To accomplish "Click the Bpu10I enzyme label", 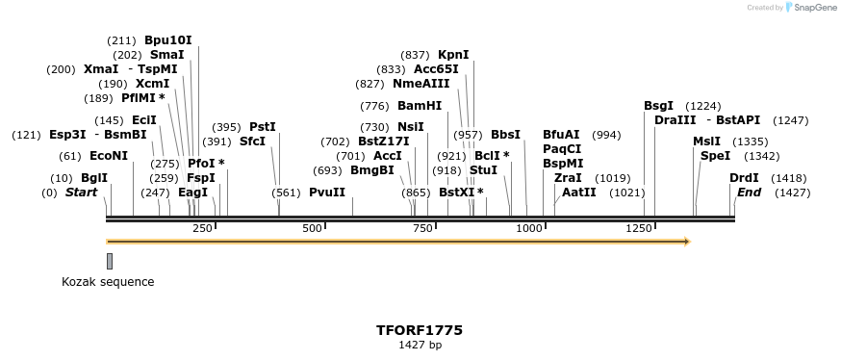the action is [168, 40].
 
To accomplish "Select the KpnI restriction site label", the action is [453, 55].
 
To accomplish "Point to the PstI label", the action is [263, 127].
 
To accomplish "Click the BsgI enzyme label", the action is [658, 106].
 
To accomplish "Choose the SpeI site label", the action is [715, 156].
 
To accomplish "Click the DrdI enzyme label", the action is [744, 178].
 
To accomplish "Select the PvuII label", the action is [327, 193].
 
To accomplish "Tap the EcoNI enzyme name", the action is [109, 156].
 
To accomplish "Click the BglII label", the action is [94, 178].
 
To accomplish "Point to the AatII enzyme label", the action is [579, 193].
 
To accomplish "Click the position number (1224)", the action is [703, 106].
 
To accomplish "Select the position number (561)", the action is [286, 193].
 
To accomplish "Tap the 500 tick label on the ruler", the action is [313, 228].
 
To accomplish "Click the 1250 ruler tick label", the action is [640, 228].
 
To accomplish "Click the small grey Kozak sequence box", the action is [110, 262].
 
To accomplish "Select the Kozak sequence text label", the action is [108, 282].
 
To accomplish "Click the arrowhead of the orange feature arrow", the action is [686, 241].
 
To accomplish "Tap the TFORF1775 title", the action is [420, 330].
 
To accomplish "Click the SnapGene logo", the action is [812, 8].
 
